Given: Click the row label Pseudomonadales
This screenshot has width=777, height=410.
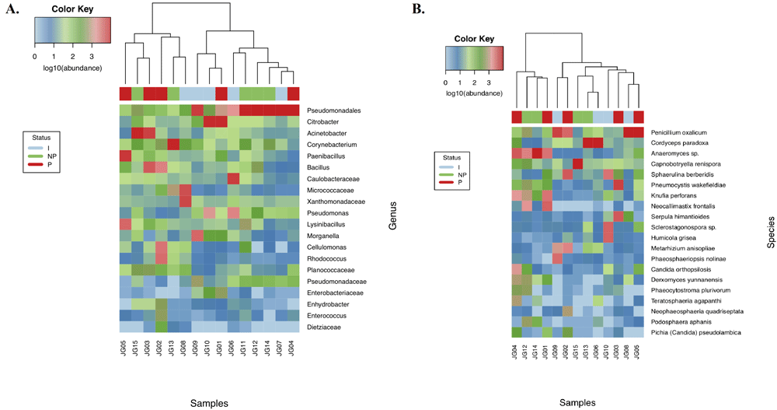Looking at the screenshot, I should coord(333,110).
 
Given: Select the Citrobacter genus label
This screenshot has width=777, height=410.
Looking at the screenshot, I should coord(323,121).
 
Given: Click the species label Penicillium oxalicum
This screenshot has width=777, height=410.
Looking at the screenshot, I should coord(678,133).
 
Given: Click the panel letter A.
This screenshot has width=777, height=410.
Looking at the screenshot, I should coord(12,11).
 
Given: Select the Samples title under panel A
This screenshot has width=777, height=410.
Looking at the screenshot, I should coord(211,402).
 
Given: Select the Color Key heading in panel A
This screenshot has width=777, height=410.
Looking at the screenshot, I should coord(74,9).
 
